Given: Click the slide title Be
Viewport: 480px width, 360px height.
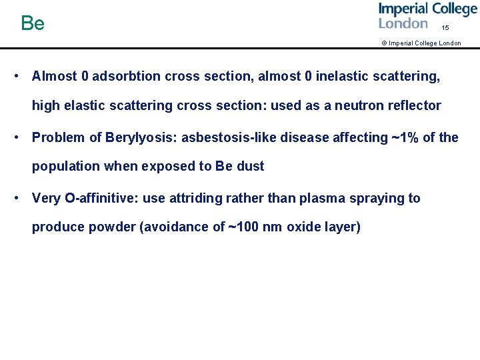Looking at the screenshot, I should point(33,24).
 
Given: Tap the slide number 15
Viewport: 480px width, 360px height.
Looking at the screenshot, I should point(445,28).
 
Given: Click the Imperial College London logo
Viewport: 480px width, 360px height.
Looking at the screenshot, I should point(427,16).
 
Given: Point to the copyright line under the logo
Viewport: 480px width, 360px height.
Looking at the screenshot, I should point(421,43).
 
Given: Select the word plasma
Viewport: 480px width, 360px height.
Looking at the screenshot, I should point(319,199).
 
